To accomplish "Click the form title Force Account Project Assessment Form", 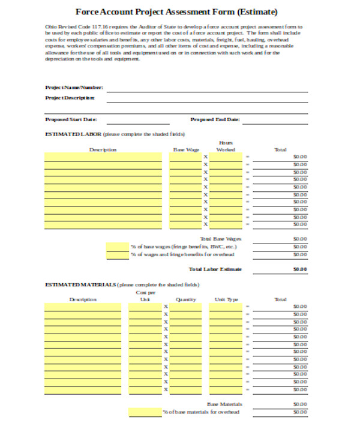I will [x=177, y=11].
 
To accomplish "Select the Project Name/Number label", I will [x=74, y=88].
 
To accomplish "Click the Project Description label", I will [x=70, y=97].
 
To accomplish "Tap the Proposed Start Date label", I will [x=71, y=119].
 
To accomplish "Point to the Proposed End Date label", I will [x=215, y=119].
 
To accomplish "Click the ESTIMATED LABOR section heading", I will [x=73, y=134].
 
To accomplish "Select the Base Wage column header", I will [x=186, y=149].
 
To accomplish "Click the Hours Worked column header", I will [x=226, y=146].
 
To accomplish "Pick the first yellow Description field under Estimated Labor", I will [x=103, y=157].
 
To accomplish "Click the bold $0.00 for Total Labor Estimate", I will [x=299, y=269].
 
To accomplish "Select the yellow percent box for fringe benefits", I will [x=117, y=247].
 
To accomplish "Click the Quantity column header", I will [x=186, y=299].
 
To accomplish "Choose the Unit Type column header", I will [x=226, y=299].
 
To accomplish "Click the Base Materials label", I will [x=223, y=404].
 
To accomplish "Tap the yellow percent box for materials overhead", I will [x=144, y=412].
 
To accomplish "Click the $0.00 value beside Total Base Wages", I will [x=299, y=239].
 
